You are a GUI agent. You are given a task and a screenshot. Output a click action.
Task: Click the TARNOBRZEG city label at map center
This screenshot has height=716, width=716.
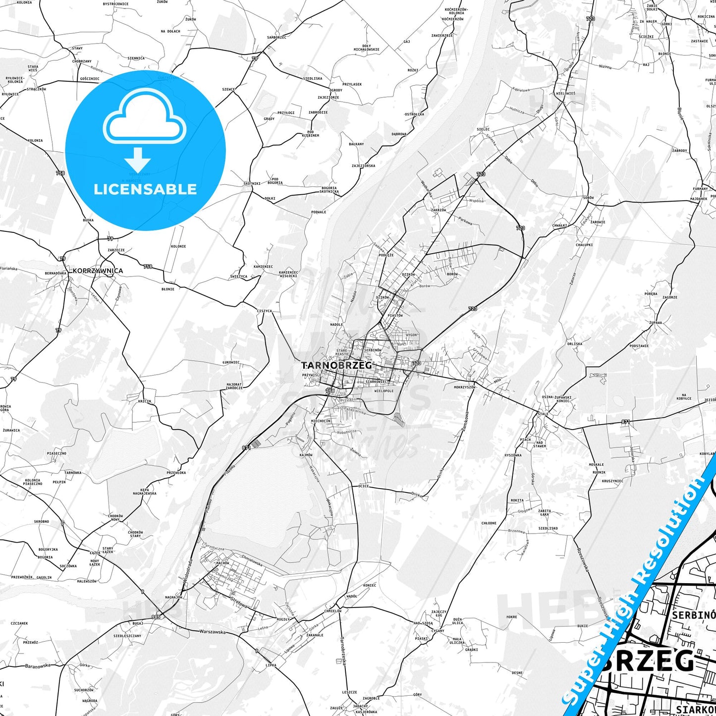click(336, 365)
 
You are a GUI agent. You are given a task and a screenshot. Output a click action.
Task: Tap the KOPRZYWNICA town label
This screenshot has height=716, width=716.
click(98, 271)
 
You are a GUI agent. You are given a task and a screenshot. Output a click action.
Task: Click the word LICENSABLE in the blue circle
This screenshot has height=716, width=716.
click(145, 189)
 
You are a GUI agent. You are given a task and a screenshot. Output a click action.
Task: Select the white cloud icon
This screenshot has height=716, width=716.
click(145, 117)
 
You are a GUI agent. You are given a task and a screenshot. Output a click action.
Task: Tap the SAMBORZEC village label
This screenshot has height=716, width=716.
click(276, 37)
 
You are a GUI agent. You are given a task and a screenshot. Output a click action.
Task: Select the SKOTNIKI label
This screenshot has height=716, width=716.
click(252, 184)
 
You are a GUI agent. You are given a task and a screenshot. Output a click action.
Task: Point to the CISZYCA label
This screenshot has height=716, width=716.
click(264, 311)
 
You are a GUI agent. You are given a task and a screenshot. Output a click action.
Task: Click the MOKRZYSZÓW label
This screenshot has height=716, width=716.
click(464, 387)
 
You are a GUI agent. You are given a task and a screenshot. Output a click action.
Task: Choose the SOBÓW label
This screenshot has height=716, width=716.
click(588, 198)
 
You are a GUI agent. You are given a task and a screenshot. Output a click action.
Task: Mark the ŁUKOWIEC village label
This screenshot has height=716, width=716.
click(231, 362)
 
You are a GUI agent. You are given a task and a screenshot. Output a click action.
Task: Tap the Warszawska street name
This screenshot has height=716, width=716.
click(212, 632)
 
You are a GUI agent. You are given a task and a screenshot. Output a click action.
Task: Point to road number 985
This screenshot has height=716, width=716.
click(156, 617)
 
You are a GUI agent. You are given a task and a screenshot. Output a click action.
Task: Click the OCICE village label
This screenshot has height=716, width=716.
click(363, 486)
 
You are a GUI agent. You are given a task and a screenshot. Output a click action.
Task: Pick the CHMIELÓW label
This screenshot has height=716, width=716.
click(332, 611)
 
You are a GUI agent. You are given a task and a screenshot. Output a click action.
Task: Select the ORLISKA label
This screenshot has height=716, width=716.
click(575, 343)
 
